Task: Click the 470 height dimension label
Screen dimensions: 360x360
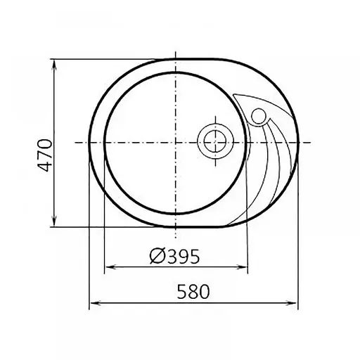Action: click(44, 155)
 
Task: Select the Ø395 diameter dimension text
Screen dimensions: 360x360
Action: click(174, 256)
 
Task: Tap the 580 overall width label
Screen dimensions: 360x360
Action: click(193, 292)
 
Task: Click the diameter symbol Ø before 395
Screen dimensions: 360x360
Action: click(158, 256)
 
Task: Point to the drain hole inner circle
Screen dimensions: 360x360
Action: click(215, 141)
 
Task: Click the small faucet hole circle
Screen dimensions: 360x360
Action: click(259, 116)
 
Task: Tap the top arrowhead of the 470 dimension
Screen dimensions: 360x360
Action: click(54, 65)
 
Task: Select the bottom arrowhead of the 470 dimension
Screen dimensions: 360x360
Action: click(54, 221)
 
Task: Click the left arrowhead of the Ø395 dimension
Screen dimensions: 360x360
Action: click(110, 267)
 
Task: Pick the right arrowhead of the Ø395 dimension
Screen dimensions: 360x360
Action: click(242, 267)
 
